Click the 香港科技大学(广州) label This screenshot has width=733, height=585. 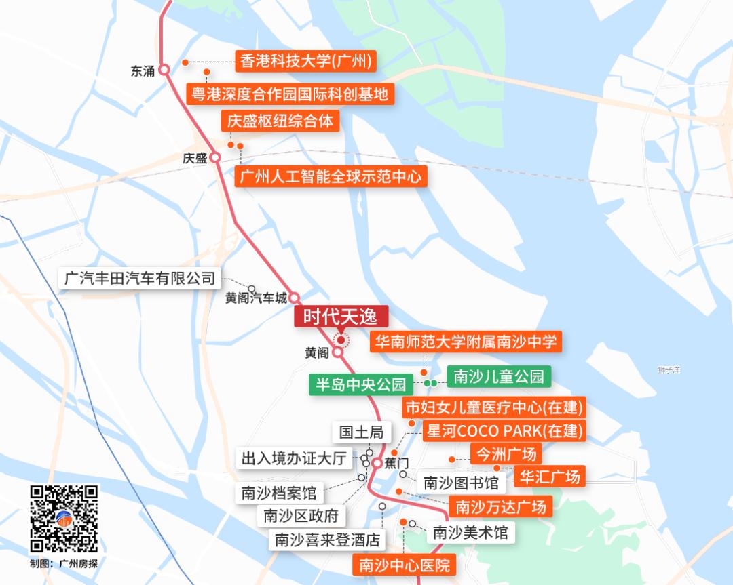pyautogui.click(x=305, y=62)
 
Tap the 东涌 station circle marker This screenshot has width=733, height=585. pyautogui.click(x=164, y=70)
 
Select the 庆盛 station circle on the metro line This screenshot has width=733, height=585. pyautogui.click(x=215, y=157)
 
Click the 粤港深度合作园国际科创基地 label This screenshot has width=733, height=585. pyautogui.click(x=290, y=94)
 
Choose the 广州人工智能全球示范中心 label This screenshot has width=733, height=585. pyautogui.click(x=331, y=177)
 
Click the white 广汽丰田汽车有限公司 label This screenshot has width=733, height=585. pyautogui.click(x=139, y=278)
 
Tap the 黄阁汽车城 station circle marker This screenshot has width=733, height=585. pyautogui.click(x=295, y=298)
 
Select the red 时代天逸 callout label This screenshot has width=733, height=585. pyautogui.click(x=341, y=317)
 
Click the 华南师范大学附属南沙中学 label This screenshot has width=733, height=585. pyautogui.click(x=466, y=342)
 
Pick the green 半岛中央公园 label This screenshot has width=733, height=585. pyautogui.click(x=360, y=384)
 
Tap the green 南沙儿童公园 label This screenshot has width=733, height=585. pyautogui.click(x=499, y=377)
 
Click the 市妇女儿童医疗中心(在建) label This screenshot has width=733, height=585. pyautogui.click(x=494, y=408)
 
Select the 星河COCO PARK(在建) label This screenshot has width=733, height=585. pyautogui.click(x=504, y=431)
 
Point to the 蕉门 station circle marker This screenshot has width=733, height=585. pyautogui.click(x=377, y=462)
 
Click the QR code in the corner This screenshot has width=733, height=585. pyautogui.click(x=64, y=519)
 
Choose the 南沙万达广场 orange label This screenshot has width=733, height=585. pyautogui.click(x=500, y=506)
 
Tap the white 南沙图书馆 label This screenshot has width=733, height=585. pyautogui.click(x=461, y=483)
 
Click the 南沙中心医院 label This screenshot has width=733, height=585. pyautogui.click(x=404, y=565)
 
